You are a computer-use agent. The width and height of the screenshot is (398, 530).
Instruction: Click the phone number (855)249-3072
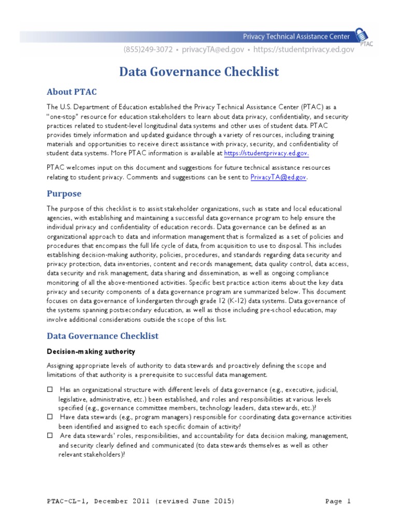(146, 50)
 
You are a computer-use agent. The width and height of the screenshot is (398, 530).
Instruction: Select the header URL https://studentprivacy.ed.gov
(302, 50)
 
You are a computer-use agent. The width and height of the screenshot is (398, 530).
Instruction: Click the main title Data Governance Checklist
(199, 71)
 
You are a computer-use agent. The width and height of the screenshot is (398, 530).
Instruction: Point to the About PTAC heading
(72, 92)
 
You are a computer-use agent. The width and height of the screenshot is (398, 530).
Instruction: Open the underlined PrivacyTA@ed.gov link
(278, 177)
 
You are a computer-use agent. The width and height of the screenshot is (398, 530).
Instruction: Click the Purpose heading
(64, 194)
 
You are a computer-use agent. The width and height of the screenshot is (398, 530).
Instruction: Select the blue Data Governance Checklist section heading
(103, 336)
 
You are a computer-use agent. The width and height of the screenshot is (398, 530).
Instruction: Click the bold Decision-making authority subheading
(91, 351)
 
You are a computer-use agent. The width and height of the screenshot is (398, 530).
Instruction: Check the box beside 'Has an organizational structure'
(50, 389)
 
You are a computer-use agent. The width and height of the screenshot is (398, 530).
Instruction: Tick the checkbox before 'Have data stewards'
(50, 417)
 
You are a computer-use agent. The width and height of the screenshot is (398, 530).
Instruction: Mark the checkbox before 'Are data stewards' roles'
(50, 436)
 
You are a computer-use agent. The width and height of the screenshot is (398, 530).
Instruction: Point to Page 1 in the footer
(338, 501)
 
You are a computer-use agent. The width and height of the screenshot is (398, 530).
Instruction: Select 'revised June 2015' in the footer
(193, 501)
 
